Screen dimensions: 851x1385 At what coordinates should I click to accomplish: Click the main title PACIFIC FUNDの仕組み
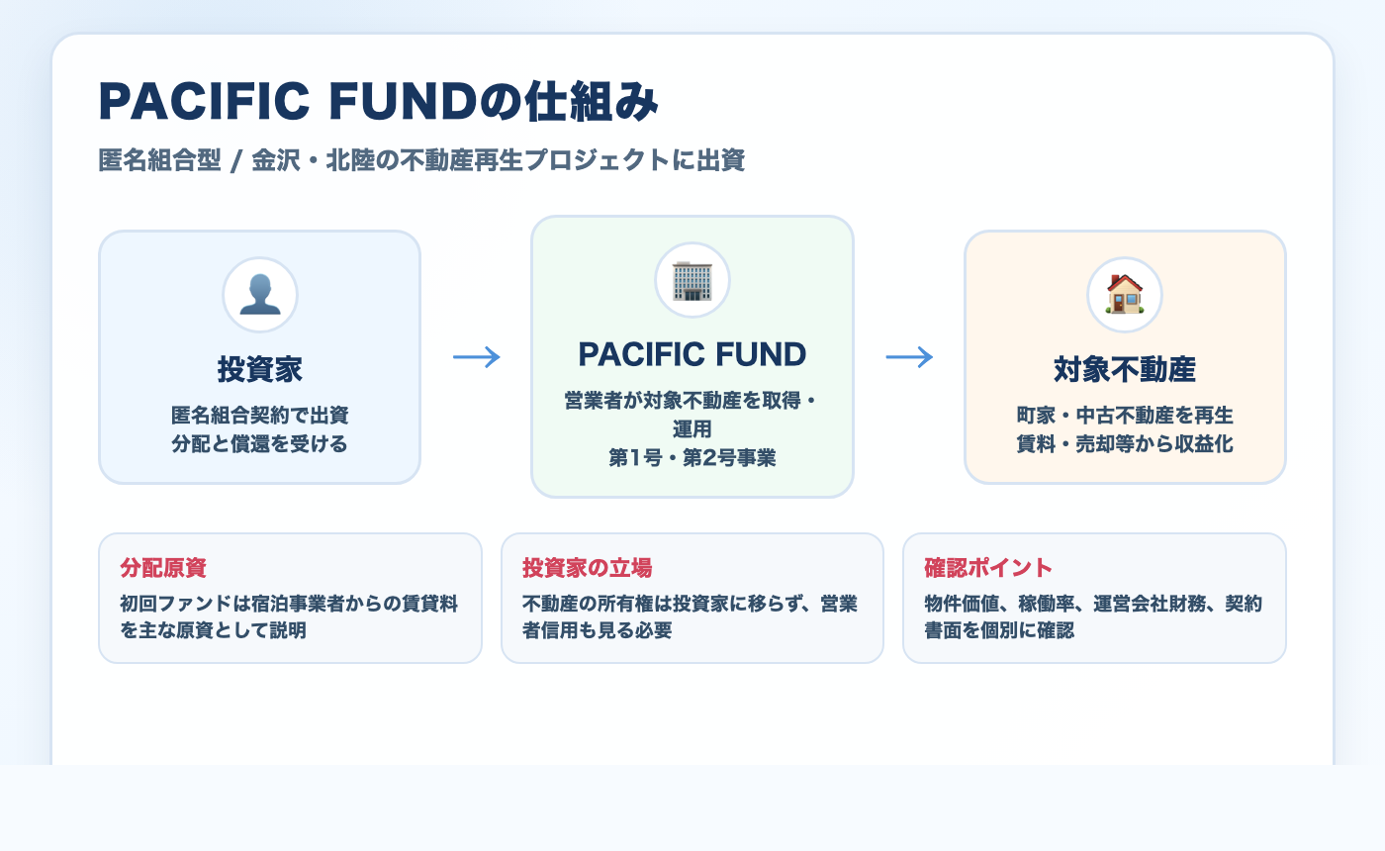tap(378, 102)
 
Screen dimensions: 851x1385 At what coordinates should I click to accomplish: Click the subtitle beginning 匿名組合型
tap(421, 160)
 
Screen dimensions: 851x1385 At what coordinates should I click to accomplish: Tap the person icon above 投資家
tap(260, 295)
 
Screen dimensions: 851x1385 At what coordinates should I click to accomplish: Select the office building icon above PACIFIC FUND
tap(692, 280)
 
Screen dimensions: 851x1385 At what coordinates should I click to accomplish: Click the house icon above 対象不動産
tap(1125, 295)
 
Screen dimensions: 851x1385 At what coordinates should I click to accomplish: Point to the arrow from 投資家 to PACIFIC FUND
tap(477, 357)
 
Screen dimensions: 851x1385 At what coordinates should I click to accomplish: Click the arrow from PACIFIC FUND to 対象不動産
tap(909, 357)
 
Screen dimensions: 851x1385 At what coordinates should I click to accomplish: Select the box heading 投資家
tap(260, 370)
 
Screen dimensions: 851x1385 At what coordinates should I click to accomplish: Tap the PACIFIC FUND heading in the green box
tap(692, 353)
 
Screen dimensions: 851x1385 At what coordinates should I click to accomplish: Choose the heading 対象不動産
tap(1125, 370)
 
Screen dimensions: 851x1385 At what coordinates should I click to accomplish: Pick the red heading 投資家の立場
tap(587, 568)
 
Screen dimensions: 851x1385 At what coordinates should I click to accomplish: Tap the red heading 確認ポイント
tap(988, 568)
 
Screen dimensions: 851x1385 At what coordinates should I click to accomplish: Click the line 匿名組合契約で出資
tap(260, 415)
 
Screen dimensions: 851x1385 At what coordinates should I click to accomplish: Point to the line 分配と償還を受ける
tap(260, 443)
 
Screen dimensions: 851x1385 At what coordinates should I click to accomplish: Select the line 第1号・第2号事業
tap(692, 458)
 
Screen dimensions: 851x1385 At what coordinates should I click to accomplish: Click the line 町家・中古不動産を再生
tap(1125, 415)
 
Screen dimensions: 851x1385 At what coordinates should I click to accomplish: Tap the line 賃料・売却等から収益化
tap(1125, 443)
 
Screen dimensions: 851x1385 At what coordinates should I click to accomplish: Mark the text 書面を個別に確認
tap(999, 629)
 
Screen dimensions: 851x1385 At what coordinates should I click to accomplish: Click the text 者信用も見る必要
tap(597, 629)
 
